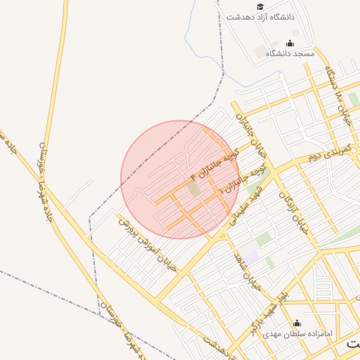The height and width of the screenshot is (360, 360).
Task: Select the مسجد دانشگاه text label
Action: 289,53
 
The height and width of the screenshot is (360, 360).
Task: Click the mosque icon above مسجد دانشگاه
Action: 290,44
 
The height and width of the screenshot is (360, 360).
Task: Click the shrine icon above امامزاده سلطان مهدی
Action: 296,323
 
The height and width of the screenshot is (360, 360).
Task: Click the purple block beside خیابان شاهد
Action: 251,258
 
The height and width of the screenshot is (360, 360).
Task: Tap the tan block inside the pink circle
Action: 194,188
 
